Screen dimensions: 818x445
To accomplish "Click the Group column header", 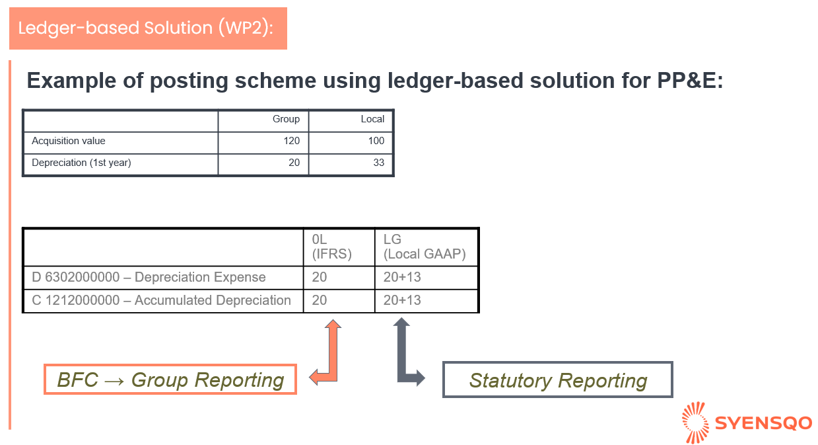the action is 286,119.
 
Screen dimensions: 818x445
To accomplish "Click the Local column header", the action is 372,119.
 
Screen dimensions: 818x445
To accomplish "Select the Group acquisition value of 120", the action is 291,141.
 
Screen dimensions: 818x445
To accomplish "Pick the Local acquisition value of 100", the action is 376,141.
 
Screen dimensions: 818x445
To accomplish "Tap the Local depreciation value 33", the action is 379,163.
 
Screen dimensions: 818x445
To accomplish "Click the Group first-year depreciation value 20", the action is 294,163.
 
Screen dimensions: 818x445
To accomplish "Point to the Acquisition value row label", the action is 68,141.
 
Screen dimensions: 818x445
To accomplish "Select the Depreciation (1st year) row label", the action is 81,163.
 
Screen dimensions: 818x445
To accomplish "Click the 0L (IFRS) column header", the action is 331,247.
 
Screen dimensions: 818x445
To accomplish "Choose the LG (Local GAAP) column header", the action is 425,247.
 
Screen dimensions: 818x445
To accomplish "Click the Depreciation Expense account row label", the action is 149,277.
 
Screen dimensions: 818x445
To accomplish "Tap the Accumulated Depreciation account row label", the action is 161,300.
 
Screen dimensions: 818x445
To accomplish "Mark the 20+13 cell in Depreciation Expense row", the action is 402,277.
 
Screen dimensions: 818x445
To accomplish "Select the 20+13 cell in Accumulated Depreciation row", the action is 402,300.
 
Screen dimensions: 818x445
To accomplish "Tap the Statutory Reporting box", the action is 558,380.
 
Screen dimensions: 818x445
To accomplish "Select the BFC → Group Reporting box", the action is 170,379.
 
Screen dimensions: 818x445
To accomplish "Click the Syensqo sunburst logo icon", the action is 695,423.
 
